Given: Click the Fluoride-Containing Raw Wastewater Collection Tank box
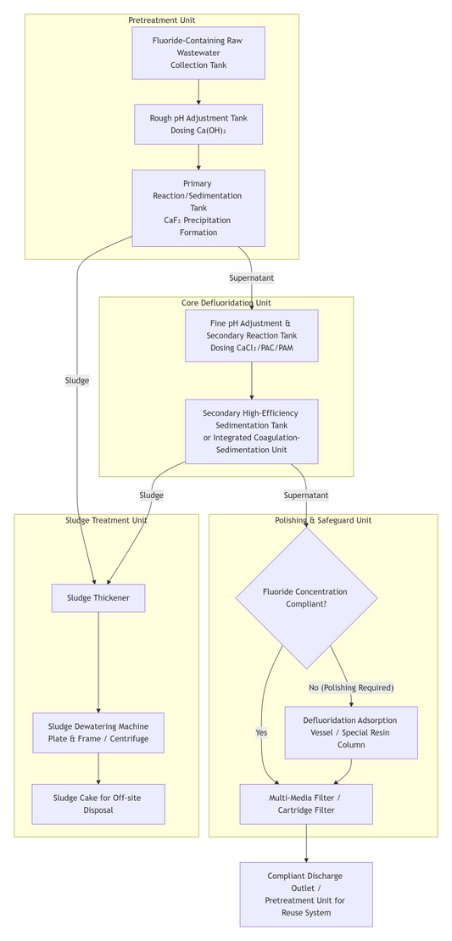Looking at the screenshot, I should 198,53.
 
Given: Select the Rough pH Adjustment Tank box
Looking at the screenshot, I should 198,125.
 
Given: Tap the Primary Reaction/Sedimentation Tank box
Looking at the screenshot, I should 198,208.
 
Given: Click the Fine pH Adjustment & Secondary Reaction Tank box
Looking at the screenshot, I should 252,335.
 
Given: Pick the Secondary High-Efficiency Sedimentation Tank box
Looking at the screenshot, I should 252,431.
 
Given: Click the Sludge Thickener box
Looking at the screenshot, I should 98,597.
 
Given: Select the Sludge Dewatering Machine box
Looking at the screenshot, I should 98,732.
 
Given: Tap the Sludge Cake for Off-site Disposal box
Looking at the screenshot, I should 98,804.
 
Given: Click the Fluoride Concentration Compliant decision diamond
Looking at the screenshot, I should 306,597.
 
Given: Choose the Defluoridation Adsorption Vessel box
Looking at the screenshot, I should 350,732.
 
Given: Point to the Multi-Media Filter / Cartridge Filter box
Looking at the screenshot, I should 306,804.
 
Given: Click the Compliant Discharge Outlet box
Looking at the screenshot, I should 306,893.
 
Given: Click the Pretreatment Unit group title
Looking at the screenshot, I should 162,20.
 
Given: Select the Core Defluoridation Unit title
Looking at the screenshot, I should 226,302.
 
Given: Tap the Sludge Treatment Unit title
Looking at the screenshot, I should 106,520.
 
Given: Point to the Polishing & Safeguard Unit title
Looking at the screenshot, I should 323,520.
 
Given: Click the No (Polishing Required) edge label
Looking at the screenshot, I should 350,687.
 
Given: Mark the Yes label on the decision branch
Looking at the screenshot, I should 261,732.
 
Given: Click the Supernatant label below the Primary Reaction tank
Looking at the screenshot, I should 252,277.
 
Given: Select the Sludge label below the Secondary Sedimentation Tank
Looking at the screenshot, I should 151,495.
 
